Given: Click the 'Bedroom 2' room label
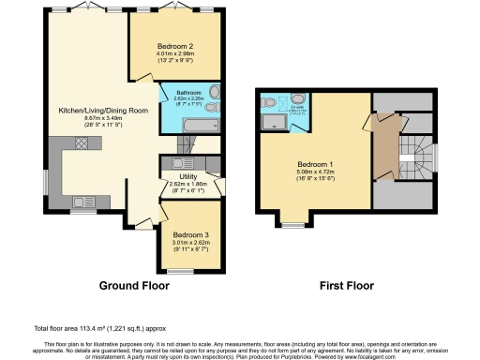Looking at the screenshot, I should click(175, 46).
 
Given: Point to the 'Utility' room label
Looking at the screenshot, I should click(179, 175).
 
